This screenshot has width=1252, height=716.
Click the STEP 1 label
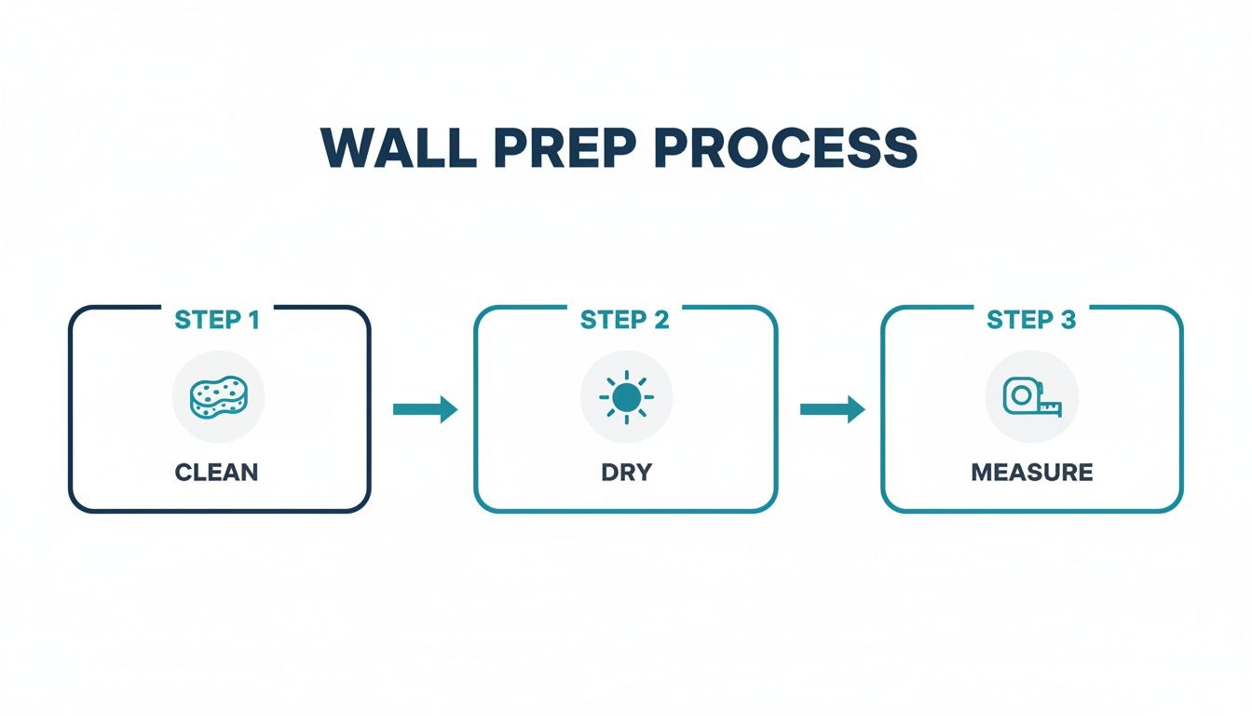click(x=217, y=320)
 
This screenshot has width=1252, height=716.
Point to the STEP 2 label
click(x=625, y=320)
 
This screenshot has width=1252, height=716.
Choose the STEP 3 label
click(x=1031, y=320)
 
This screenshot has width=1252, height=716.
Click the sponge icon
click(x=218, y=397)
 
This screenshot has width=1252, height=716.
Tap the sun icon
click(x=626, y=397)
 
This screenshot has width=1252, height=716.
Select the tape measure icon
click(x=1031, y=397)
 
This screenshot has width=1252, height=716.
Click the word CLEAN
click(x=217, y=472)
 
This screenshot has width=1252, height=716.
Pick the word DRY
click(x=626, y=472)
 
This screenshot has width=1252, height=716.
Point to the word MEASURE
click(x=1032, y=472)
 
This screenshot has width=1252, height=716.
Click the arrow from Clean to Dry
click(x=425, y=408)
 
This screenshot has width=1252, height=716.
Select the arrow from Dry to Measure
click(x=832, y=408)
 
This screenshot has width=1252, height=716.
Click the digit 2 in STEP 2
click(x=660, y=320)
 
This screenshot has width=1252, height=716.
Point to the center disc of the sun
click(x=626, y=397)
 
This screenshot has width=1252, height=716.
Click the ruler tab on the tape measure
click(x=1051, y=406)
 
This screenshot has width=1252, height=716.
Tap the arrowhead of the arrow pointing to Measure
click(x=855, y=408)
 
